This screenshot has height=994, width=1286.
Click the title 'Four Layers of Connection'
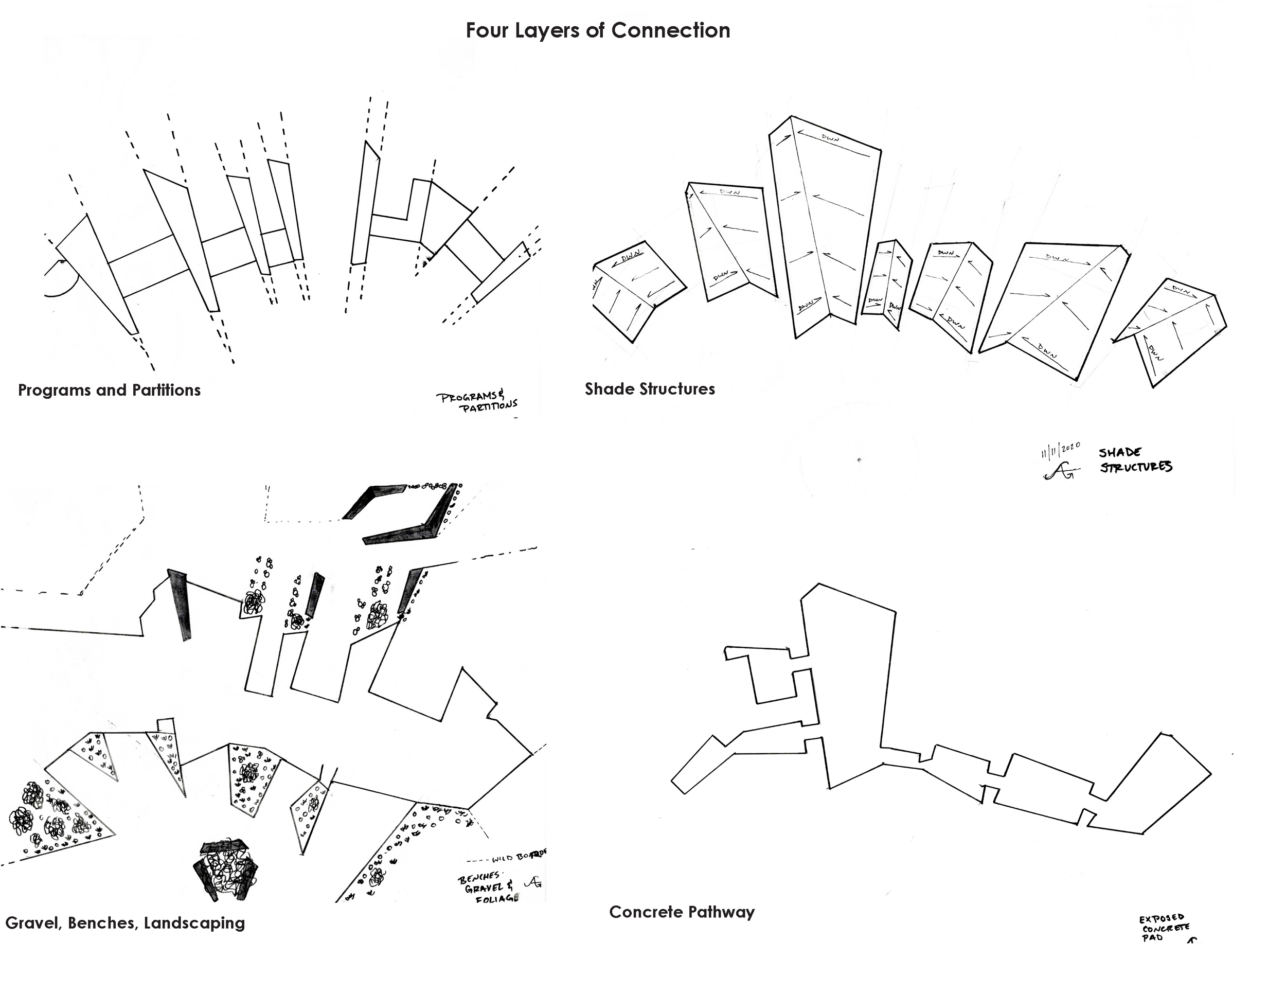pos(598,31)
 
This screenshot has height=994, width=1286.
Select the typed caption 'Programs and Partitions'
pos(109,390)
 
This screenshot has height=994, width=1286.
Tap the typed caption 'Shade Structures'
pos(650,388)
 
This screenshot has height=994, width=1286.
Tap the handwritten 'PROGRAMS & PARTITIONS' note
pos(477,402)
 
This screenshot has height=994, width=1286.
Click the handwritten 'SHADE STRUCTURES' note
pos(1135,460)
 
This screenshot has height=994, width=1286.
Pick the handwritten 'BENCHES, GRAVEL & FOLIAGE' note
pos(489,887)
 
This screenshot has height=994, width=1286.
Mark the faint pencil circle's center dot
pos(859,459)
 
